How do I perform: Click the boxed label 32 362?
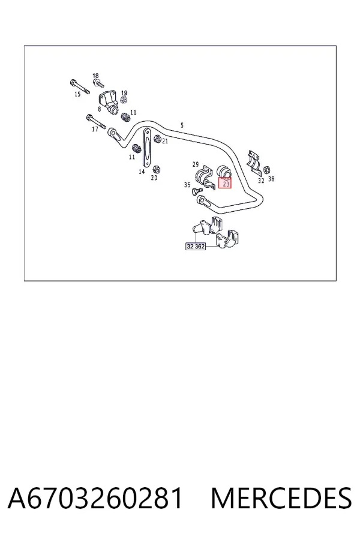point(196,246)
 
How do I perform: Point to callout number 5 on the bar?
point(182,125)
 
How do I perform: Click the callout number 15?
point(77,94)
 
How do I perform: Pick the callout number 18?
point(95,76)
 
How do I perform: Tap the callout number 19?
point(124,92)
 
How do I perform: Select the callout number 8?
point(99,109)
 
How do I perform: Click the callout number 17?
point(95,129)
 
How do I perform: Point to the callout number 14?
point(142,171)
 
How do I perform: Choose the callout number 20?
point(154,178)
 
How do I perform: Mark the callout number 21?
point(165,141)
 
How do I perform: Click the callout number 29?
point(196,164)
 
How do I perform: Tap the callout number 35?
point(187,185)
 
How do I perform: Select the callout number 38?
point(271,179)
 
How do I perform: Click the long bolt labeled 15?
point(80,86)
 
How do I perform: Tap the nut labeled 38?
point(266,170)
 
